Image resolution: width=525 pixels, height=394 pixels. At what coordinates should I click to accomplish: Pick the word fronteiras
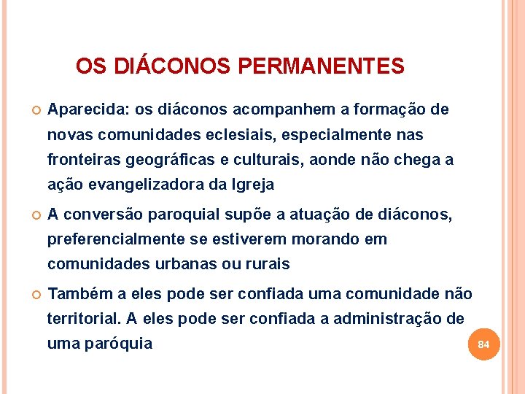(82, 160)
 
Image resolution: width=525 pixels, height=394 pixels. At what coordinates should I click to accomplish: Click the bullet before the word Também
(34, 295)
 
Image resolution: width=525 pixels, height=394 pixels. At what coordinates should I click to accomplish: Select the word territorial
(83, 319)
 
